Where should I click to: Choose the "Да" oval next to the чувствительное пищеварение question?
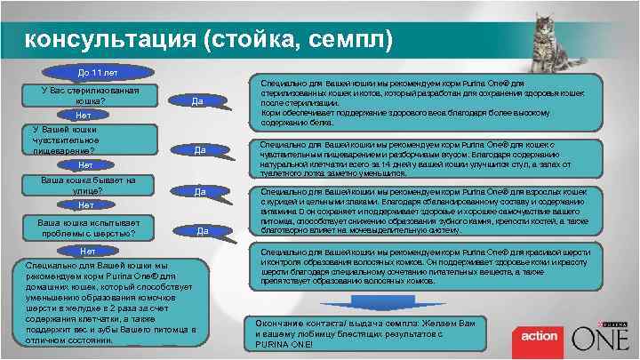point(200,149)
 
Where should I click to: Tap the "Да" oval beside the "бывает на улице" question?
point(200,191)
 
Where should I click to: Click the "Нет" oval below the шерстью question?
point(84,252)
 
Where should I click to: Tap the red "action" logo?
point(539,337)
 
